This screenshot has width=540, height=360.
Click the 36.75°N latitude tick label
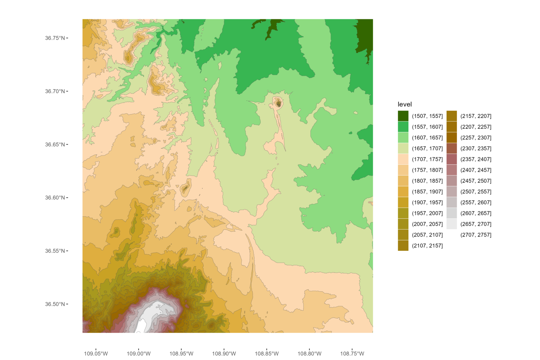pyautogui.click(x=55, y=38)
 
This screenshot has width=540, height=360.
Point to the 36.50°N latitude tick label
pyautogui.click(x=55, y=304)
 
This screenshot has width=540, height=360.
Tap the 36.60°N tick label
pyautogui.click(x=55, y=198)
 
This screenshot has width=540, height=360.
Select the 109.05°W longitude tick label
pyautogui.click(x=96, y=354)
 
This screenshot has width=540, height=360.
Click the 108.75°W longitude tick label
pyautogui.click(x=352, y=354)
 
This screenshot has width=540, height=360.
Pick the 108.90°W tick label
pyautogui.click(x=224, y=354)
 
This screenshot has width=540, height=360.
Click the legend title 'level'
pyautogui.click(x=404, y=104)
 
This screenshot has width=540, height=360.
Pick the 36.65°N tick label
pyautogui.click(x=55, y=145)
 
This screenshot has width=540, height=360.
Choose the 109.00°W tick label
pyautogui.click(x=139, y=354)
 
